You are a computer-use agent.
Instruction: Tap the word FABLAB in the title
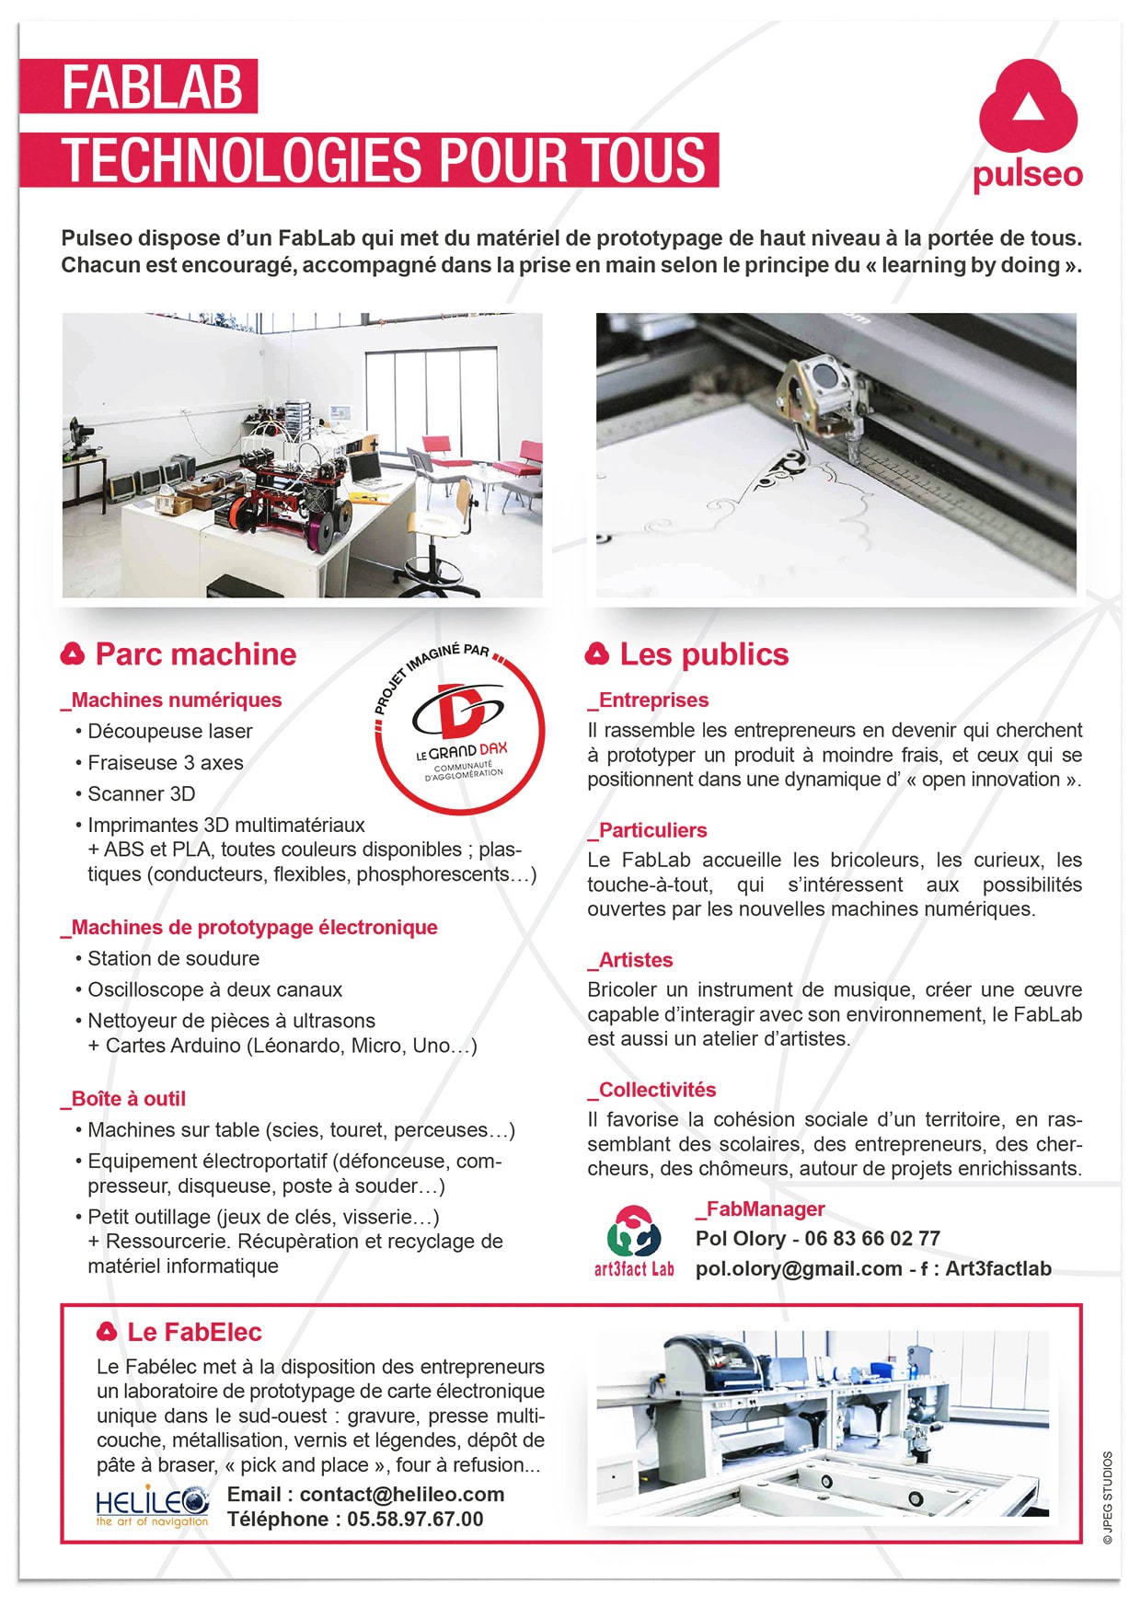coord(153,87)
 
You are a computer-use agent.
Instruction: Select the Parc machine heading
coord(195,654)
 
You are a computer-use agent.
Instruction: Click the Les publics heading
coord(704,654)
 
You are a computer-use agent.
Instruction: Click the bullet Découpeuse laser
coord(169,732)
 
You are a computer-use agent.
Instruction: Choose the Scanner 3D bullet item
coord(141,794)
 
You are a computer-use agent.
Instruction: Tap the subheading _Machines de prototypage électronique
coord(249,928)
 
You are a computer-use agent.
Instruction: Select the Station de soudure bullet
coord(173,959)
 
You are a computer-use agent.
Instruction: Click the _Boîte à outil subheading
coord(123,1099)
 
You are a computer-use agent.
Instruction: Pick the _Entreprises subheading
coord(649,700)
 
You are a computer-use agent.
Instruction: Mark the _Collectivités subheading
coord(652,1090)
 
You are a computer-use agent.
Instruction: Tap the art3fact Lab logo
coord(634,1242)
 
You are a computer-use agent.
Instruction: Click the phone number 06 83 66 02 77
coord(872,1239)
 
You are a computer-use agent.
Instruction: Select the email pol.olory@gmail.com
coord(798,1269)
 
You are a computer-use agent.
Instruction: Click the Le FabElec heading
coord(194,1333)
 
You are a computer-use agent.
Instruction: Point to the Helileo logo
coord(152,1507)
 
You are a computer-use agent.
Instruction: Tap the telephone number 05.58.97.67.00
coord(414,1520)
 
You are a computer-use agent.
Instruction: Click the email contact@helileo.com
coord(402,1495)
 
